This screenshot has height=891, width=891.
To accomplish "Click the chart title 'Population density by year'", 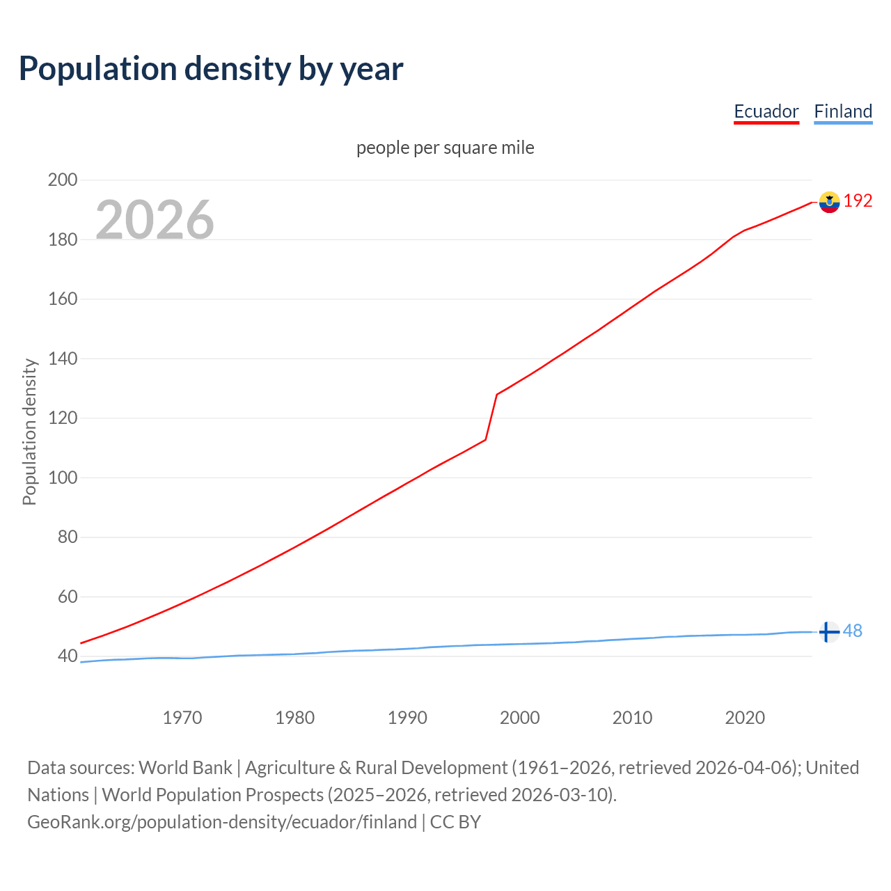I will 211,69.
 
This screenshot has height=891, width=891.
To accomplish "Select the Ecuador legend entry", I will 766,111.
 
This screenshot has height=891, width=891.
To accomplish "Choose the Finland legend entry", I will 843,111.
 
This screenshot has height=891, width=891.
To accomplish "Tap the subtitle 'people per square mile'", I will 445,148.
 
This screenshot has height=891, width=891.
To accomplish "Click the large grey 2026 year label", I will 155,220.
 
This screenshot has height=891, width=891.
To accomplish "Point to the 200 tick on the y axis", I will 62,180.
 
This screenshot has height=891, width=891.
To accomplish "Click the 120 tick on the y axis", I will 62,418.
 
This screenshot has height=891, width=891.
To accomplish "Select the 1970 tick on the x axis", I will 182,718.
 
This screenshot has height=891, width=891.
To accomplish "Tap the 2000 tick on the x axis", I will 520,718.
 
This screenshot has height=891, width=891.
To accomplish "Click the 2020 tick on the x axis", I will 745,718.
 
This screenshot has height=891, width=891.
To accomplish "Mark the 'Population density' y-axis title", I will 29,432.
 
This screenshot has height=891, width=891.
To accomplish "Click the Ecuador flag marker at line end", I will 829,202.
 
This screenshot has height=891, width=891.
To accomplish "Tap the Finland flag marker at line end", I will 828,632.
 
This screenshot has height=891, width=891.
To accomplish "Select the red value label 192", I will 858,201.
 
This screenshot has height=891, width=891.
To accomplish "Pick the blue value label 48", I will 853,631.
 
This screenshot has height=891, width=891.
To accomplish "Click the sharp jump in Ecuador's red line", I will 491,417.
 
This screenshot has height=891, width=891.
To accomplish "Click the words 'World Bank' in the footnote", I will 185,768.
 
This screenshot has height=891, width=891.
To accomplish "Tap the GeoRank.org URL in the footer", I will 222,822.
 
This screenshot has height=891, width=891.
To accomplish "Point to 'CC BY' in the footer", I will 455,822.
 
